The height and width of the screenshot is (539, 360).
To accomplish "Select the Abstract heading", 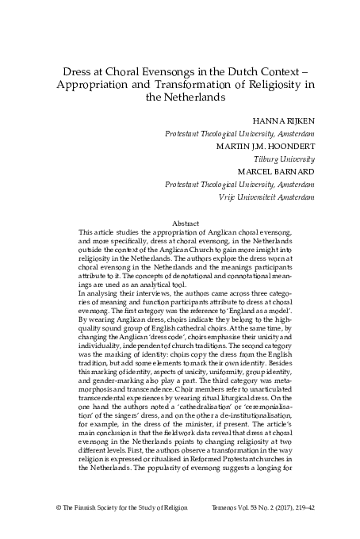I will click(x=180, y=223).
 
